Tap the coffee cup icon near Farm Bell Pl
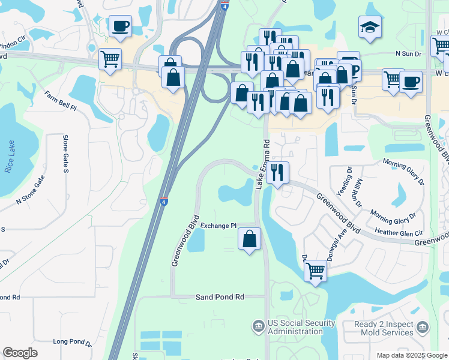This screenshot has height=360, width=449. point(120,27)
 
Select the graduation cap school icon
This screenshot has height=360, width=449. point(370,27)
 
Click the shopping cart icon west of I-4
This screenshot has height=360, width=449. point(110,60)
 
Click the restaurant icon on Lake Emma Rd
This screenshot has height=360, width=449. point(277,173)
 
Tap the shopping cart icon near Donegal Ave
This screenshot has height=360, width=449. point(315,272)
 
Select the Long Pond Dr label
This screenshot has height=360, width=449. point(71,343)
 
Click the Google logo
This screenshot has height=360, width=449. point(20,353)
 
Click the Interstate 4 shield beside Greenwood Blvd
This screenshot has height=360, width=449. point(164,202)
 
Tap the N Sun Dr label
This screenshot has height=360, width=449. point(409,53)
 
